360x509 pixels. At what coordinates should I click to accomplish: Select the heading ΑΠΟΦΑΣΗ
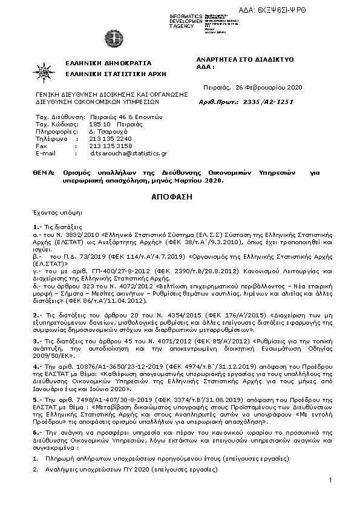point(180,197)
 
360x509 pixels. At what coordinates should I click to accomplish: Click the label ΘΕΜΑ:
point(44,172)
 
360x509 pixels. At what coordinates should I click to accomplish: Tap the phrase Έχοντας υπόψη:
point(54,213)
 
